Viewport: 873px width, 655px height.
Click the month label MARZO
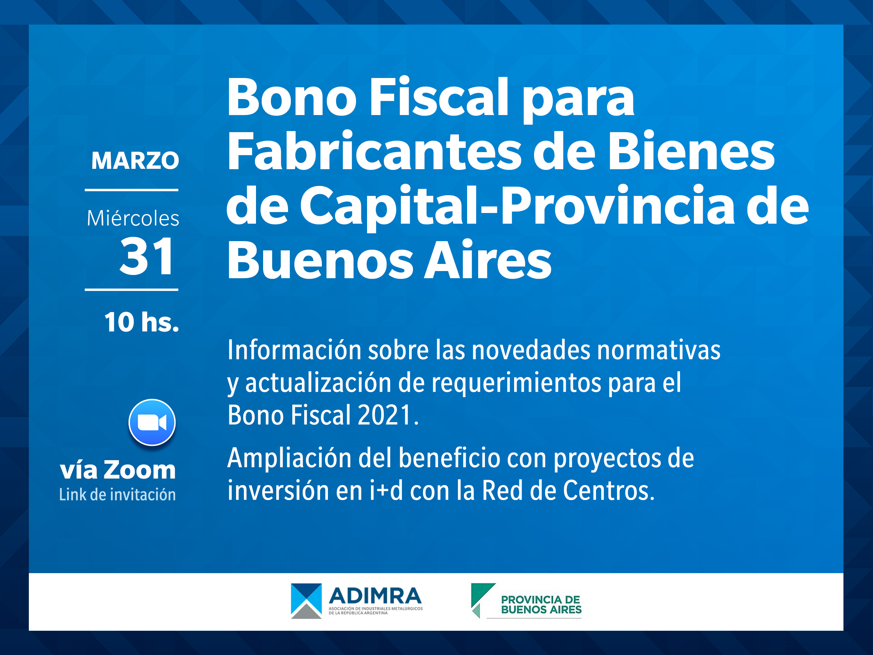pyautogui.click(x=135, y=160)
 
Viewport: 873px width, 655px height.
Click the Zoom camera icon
pyautogui.click(x=152, y=422)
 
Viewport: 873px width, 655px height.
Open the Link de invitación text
pyautogui.click(x=117, y=494)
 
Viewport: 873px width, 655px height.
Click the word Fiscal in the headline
pyautogui.click(x=439, y=97)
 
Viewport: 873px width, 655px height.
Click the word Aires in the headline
pyautogui.click(x=488, y=260)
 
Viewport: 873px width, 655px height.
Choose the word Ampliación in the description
pyautogui.click(x=289, y=458)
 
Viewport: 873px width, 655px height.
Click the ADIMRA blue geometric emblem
pyautogui.click(x=306, y=601)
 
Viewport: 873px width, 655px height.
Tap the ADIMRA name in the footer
pyautogui.click(x=375, y=596)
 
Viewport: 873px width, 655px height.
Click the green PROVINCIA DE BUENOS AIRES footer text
pyautogui.click(x=541, y=604)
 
